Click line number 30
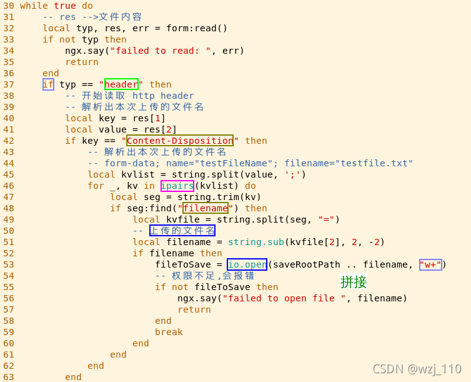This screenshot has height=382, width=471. (9, 6)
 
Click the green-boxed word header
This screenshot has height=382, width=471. (121, 84)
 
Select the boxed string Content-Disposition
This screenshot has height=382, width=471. (180, 141)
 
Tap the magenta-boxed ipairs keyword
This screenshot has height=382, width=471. (177, 186)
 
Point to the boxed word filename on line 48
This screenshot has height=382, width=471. (205, 208)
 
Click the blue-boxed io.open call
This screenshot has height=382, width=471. (247, 264)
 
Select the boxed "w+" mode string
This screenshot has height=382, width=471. (430, 264)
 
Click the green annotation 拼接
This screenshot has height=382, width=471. (354, 282)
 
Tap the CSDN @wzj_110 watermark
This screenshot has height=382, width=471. (416, 369)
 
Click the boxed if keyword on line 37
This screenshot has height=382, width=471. (48, 84)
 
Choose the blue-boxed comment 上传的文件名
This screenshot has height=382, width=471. (182, 231)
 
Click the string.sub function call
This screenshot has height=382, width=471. (253, 242)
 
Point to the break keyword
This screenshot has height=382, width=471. (169, 332)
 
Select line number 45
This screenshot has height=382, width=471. (9, 163)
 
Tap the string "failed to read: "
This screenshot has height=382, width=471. (161, 51)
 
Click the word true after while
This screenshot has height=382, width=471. (65, 6)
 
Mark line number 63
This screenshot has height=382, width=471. (9, 377)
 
